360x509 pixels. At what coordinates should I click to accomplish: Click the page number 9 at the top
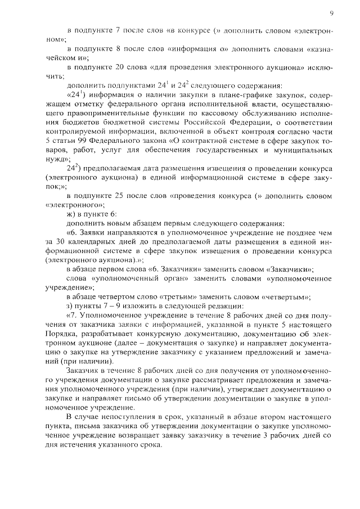click(x=332, y=12)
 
